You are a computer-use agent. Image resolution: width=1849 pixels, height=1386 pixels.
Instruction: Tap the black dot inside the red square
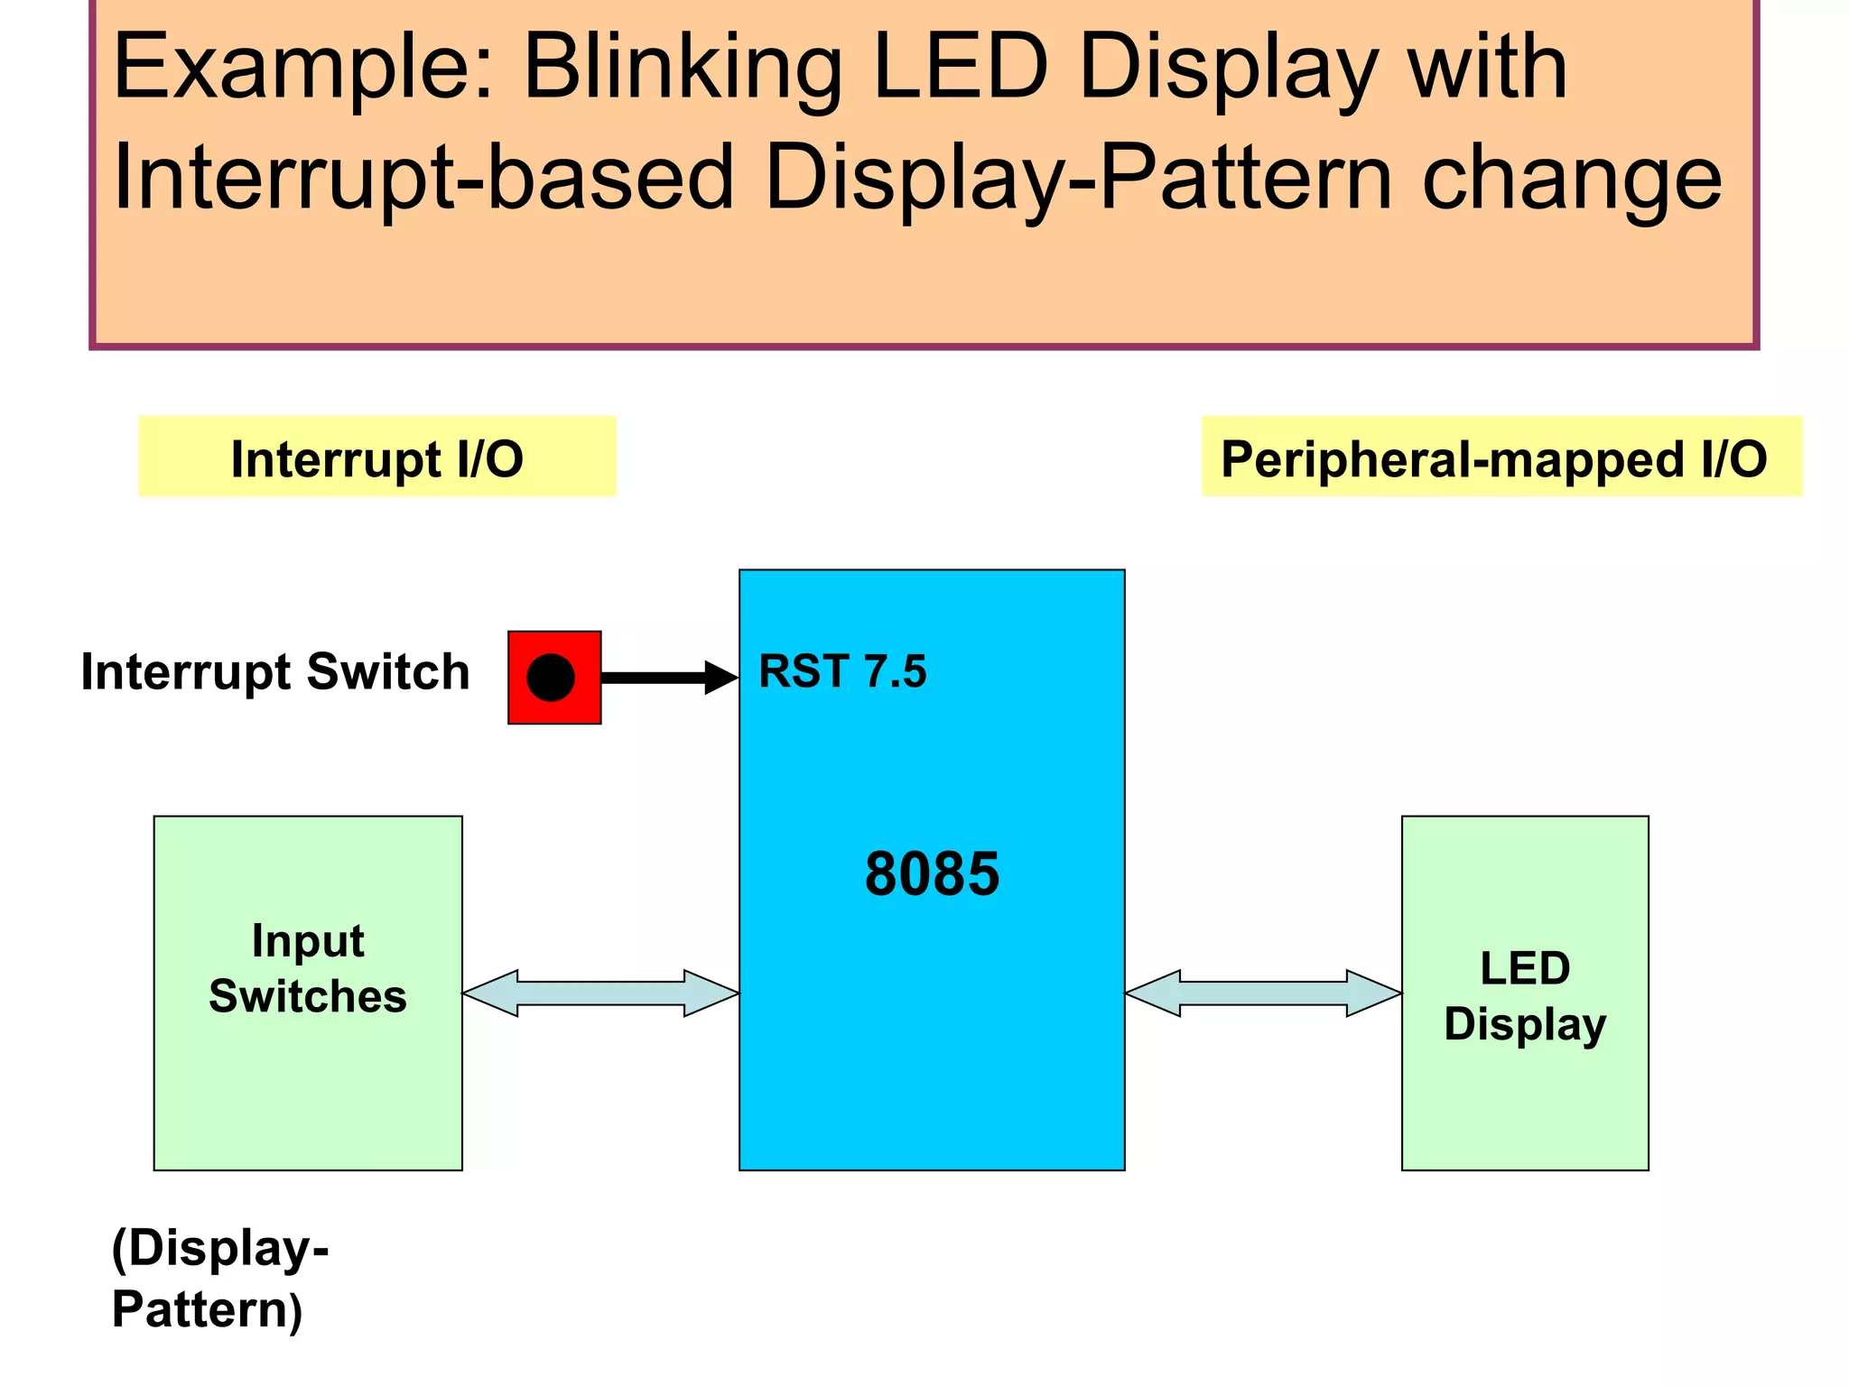tap(551, 678)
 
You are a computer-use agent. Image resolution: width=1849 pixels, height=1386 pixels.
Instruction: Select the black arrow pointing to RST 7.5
tap(668, 677)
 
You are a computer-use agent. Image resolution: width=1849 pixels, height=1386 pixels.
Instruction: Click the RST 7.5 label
tap(842, 671)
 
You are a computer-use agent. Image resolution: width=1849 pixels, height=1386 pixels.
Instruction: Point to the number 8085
tap(932, 873)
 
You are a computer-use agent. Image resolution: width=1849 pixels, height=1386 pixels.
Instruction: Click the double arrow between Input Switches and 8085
tap(600, 993)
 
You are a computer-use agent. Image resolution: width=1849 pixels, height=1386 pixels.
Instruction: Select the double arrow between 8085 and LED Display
tap(1263, 993)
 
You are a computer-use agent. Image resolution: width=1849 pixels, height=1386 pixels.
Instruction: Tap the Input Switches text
tap(308, 968)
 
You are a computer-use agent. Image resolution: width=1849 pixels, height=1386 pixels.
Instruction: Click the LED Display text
tap(1525, 996)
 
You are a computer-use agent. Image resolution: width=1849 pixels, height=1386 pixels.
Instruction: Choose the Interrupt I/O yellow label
tap(377, 457)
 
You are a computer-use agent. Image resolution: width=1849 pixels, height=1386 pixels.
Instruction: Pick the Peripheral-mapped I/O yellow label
tap(1501, 457)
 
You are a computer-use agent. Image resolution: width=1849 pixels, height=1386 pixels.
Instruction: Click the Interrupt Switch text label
tap(275, 672)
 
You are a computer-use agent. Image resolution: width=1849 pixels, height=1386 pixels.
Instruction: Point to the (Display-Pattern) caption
tap(219, 1278)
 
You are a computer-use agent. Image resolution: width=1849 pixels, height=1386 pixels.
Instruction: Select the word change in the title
tap(1572, 178)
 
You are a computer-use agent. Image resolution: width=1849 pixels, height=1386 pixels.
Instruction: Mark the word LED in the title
tap(961, 68)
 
